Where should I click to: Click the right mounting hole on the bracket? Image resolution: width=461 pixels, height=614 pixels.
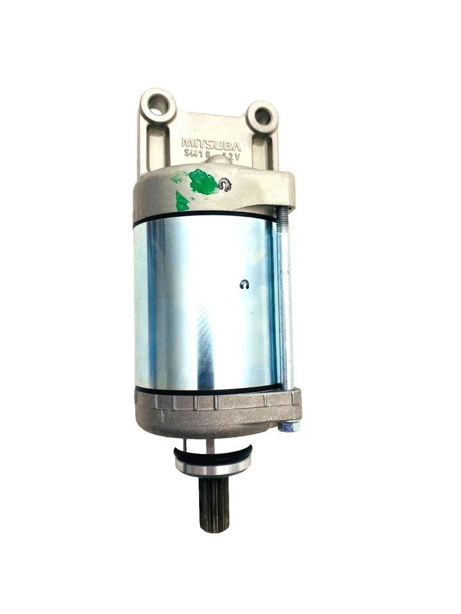[x=262, y=116]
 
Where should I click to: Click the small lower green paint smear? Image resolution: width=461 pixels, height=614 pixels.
[x=182, y=203]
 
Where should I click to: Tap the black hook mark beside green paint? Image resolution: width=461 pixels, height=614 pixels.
[x=225, y=186]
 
